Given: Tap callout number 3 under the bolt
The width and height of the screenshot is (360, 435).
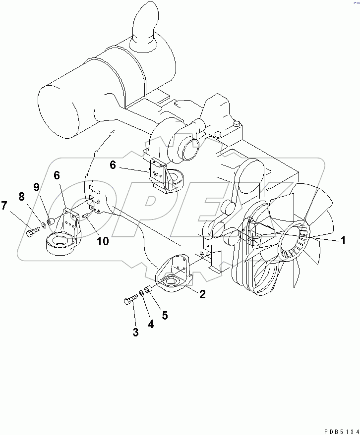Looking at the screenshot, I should click(x=135, y=332).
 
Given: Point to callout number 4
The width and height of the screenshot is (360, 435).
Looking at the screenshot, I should click(x=151, y=325).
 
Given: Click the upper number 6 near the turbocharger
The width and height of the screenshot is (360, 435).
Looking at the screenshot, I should click(x=113, y=164).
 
